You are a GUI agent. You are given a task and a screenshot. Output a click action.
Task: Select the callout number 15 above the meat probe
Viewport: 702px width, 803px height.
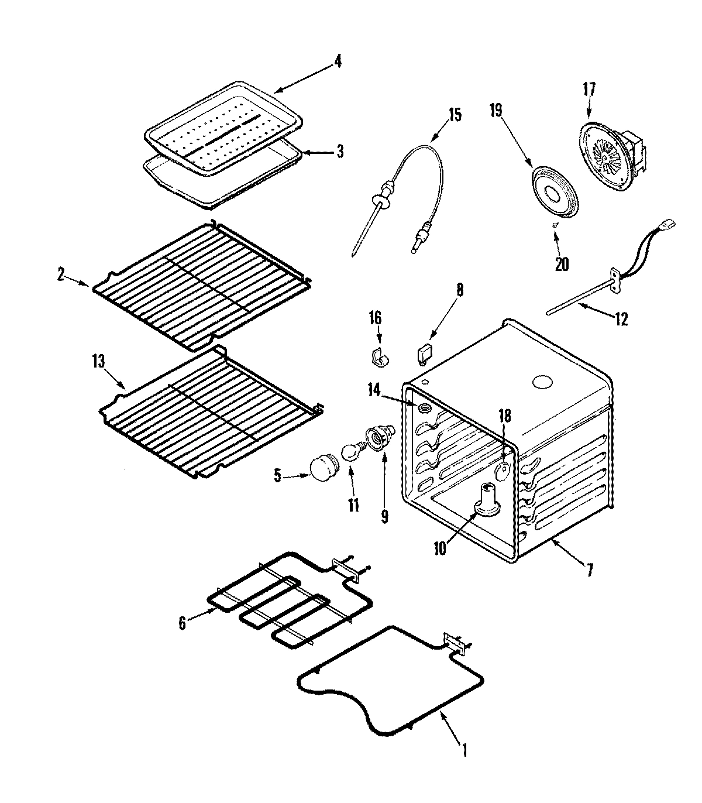click(x=455, y=115)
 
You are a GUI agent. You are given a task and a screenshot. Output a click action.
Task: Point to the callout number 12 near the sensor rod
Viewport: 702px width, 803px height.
click(x=621, y=319)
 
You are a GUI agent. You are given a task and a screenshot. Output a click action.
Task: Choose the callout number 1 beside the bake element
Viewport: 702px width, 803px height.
click(x=464, y=750)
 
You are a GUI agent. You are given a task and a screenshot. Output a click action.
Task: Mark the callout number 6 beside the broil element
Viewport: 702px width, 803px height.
click(x=183, y=624)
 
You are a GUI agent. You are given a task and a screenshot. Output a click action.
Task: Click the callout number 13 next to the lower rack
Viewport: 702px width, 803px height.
click(x=98, y=361)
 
